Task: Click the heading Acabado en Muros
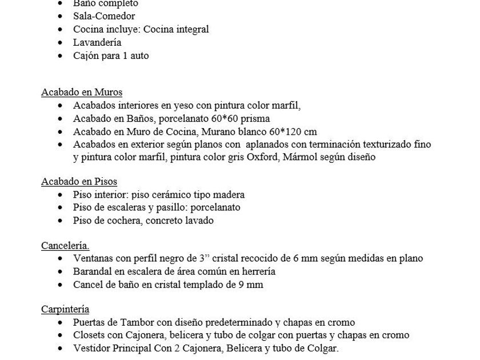point(82,93)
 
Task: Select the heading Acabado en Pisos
point(79,182)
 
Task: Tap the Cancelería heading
point(65,246)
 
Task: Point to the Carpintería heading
point(65,310)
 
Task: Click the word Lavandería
point(97,42)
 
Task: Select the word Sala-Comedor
point(104,16)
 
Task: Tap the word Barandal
point(92,271)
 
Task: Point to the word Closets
point(90,335)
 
